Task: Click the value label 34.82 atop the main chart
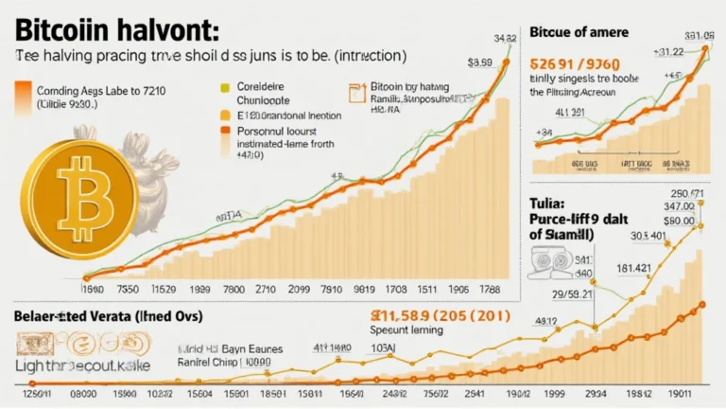coord(503,39)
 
